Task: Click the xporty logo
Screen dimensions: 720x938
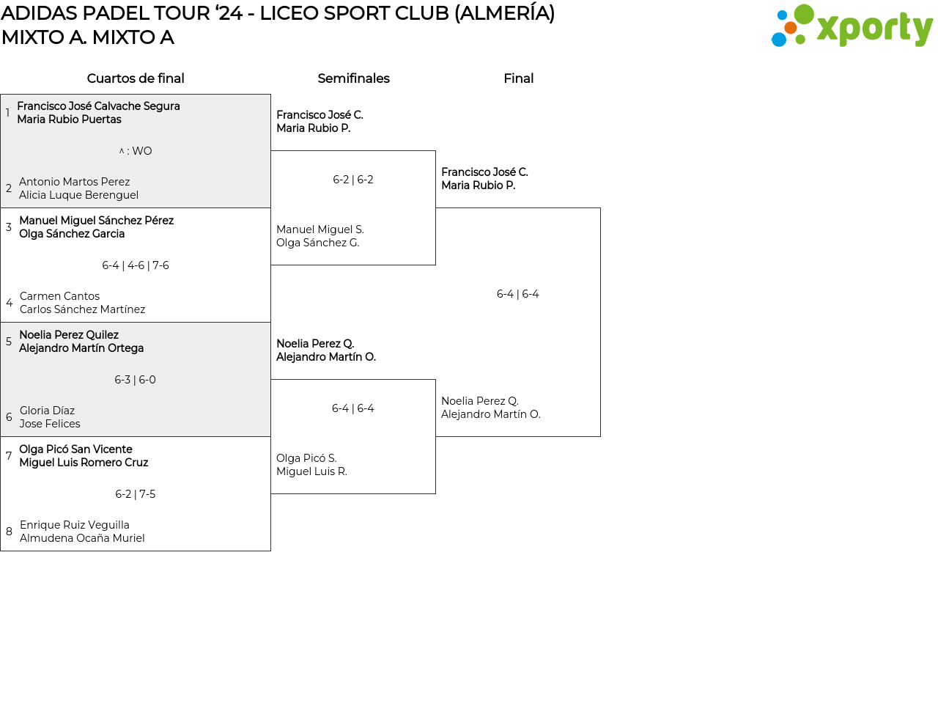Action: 852,27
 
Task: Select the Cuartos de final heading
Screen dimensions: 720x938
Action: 136,78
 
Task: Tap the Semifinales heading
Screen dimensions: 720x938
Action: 353,78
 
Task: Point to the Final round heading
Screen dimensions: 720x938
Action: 518,78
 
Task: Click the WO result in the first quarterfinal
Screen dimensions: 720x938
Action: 136,151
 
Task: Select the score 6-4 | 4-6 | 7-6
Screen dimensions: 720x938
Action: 136,265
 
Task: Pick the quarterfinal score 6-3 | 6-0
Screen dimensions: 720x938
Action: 136,380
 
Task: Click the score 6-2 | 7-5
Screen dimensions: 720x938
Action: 136,494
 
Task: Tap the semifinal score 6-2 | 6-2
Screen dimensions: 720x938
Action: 353,180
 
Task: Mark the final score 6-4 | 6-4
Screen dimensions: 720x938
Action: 517,294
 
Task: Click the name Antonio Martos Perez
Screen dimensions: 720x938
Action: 74,182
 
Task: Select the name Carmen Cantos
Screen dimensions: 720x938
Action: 59,296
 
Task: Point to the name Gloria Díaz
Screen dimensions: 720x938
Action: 47,411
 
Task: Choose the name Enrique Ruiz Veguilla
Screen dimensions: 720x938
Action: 74,525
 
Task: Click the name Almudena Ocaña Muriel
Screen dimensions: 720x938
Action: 82,538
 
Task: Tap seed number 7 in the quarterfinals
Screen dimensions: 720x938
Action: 9,456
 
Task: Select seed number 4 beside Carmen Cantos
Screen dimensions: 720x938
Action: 9,303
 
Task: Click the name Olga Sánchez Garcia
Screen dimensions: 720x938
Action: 72,234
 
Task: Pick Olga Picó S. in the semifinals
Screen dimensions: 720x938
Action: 306,458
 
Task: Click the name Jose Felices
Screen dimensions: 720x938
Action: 50,424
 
